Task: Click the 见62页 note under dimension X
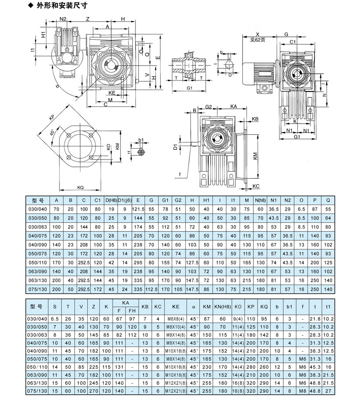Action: pos(257,40)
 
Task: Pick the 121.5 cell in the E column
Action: pos(138,209)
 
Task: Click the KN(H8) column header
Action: pos(222,306)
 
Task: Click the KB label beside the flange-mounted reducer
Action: pos(255,119)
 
